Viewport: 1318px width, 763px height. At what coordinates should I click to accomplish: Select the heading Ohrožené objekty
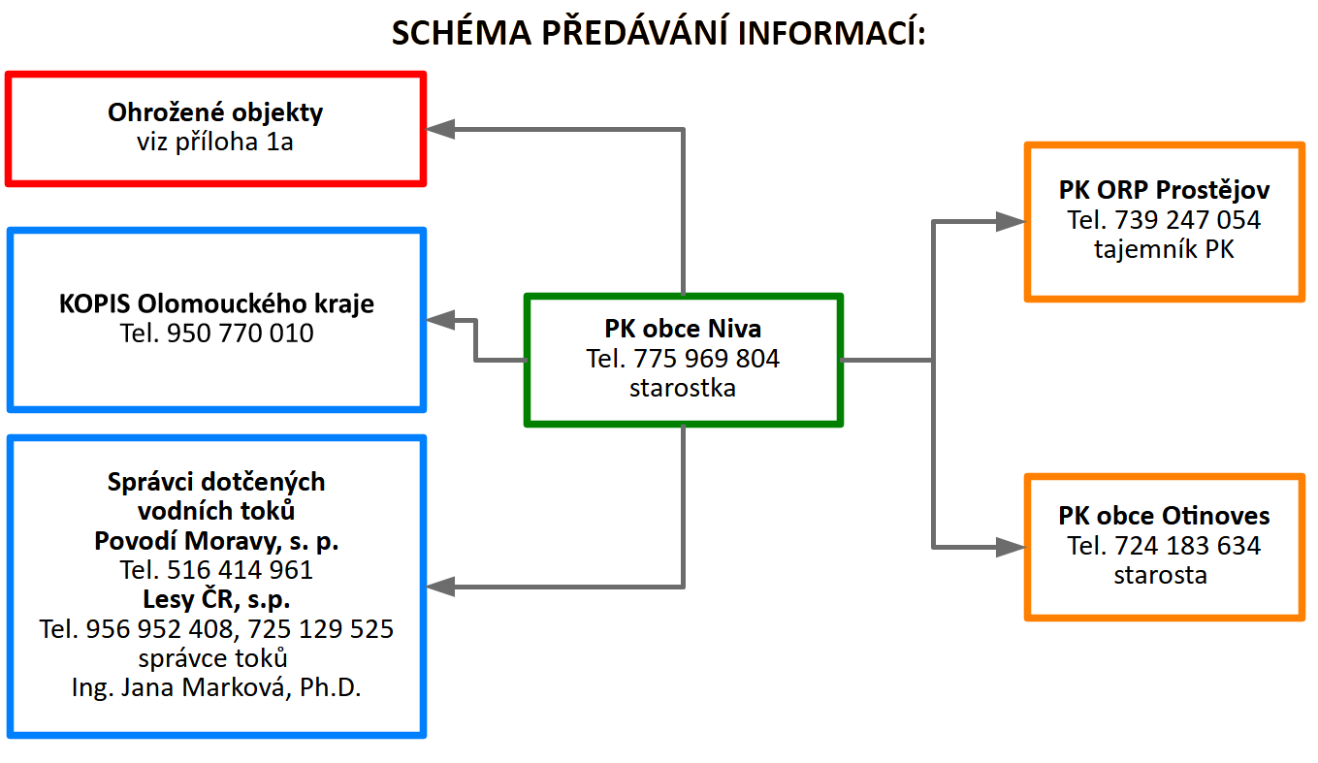pyautogui.click(x=215, y=112)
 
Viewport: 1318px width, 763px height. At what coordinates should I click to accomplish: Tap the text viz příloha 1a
pyautogui.click(x=215, y=142)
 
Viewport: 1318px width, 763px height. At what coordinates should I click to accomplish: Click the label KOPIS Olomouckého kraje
pyautogui.click(x=216, y=304)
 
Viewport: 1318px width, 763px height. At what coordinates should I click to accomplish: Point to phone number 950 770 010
pyautogui.click(x=241, y=333)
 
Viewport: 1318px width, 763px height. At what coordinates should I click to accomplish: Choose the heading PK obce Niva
pyautogui.click(x=683, y=329)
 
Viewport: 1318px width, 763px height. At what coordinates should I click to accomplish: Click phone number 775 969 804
pyautogui.click(x=707, y=359)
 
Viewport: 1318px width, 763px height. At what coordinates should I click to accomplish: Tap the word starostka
pyautogui.click(x=683, y=388)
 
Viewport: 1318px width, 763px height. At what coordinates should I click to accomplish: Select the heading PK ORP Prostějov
pyautogui.click(x=1165, y=190)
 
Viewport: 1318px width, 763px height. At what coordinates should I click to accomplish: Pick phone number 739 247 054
pyautogui.click(x=1188, y=220)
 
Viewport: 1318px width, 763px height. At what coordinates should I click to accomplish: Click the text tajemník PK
pyautogui.click(x=1165, y=249)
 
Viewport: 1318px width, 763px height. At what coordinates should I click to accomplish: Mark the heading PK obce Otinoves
pyautogui.click(x=1165, y=516)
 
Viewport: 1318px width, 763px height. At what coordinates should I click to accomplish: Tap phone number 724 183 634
pyautogui.click(x=1188, y=546)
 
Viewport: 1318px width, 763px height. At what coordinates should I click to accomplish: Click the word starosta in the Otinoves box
pyautogui.click(x=1161, y=575)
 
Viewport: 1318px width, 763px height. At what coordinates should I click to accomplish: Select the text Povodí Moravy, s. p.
pyautogui.click(x=216, y=541)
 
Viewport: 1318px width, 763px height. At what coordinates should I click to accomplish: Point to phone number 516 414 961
pyautogui.click(x=241, y=570)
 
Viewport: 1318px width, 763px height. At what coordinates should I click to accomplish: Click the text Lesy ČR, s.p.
pyautogui.click(x=216, y=599)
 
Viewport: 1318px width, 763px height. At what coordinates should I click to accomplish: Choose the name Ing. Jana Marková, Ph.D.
pyautogui.click(x=216, y=687)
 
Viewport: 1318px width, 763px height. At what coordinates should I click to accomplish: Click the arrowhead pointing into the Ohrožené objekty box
pyautogui.click(x=440, y=129)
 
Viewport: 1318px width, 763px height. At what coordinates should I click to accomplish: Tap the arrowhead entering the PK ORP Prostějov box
pyautogui.click(x=1011, y=222)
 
